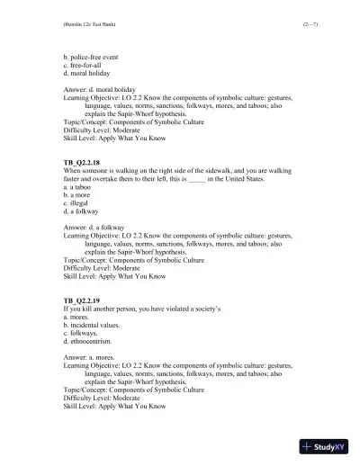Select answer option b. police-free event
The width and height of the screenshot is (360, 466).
click(92, 57)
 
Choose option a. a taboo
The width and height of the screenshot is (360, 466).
click(76, 187)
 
